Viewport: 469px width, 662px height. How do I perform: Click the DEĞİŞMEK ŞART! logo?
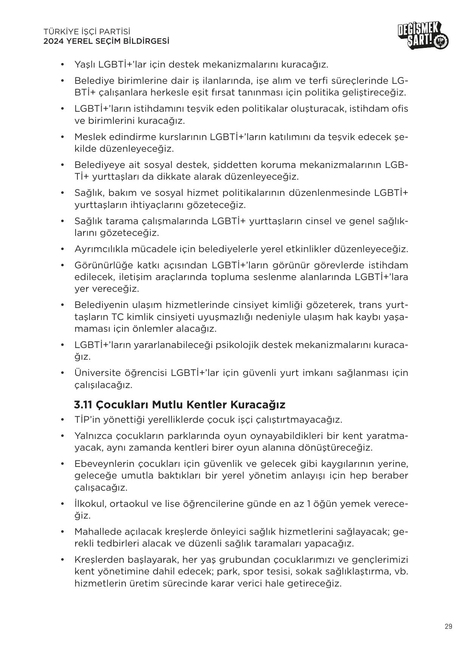tap(423, 36)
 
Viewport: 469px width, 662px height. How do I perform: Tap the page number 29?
tap(448, 627)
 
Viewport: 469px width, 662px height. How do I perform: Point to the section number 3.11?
tap(83, 405)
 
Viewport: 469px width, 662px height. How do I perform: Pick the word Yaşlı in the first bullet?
tap(85, 65)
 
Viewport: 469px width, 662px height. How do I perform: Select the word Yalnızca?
tap(93, 436)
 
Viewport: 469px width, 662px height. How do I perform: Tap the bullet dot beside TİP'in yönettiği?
tap(62, 420)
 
